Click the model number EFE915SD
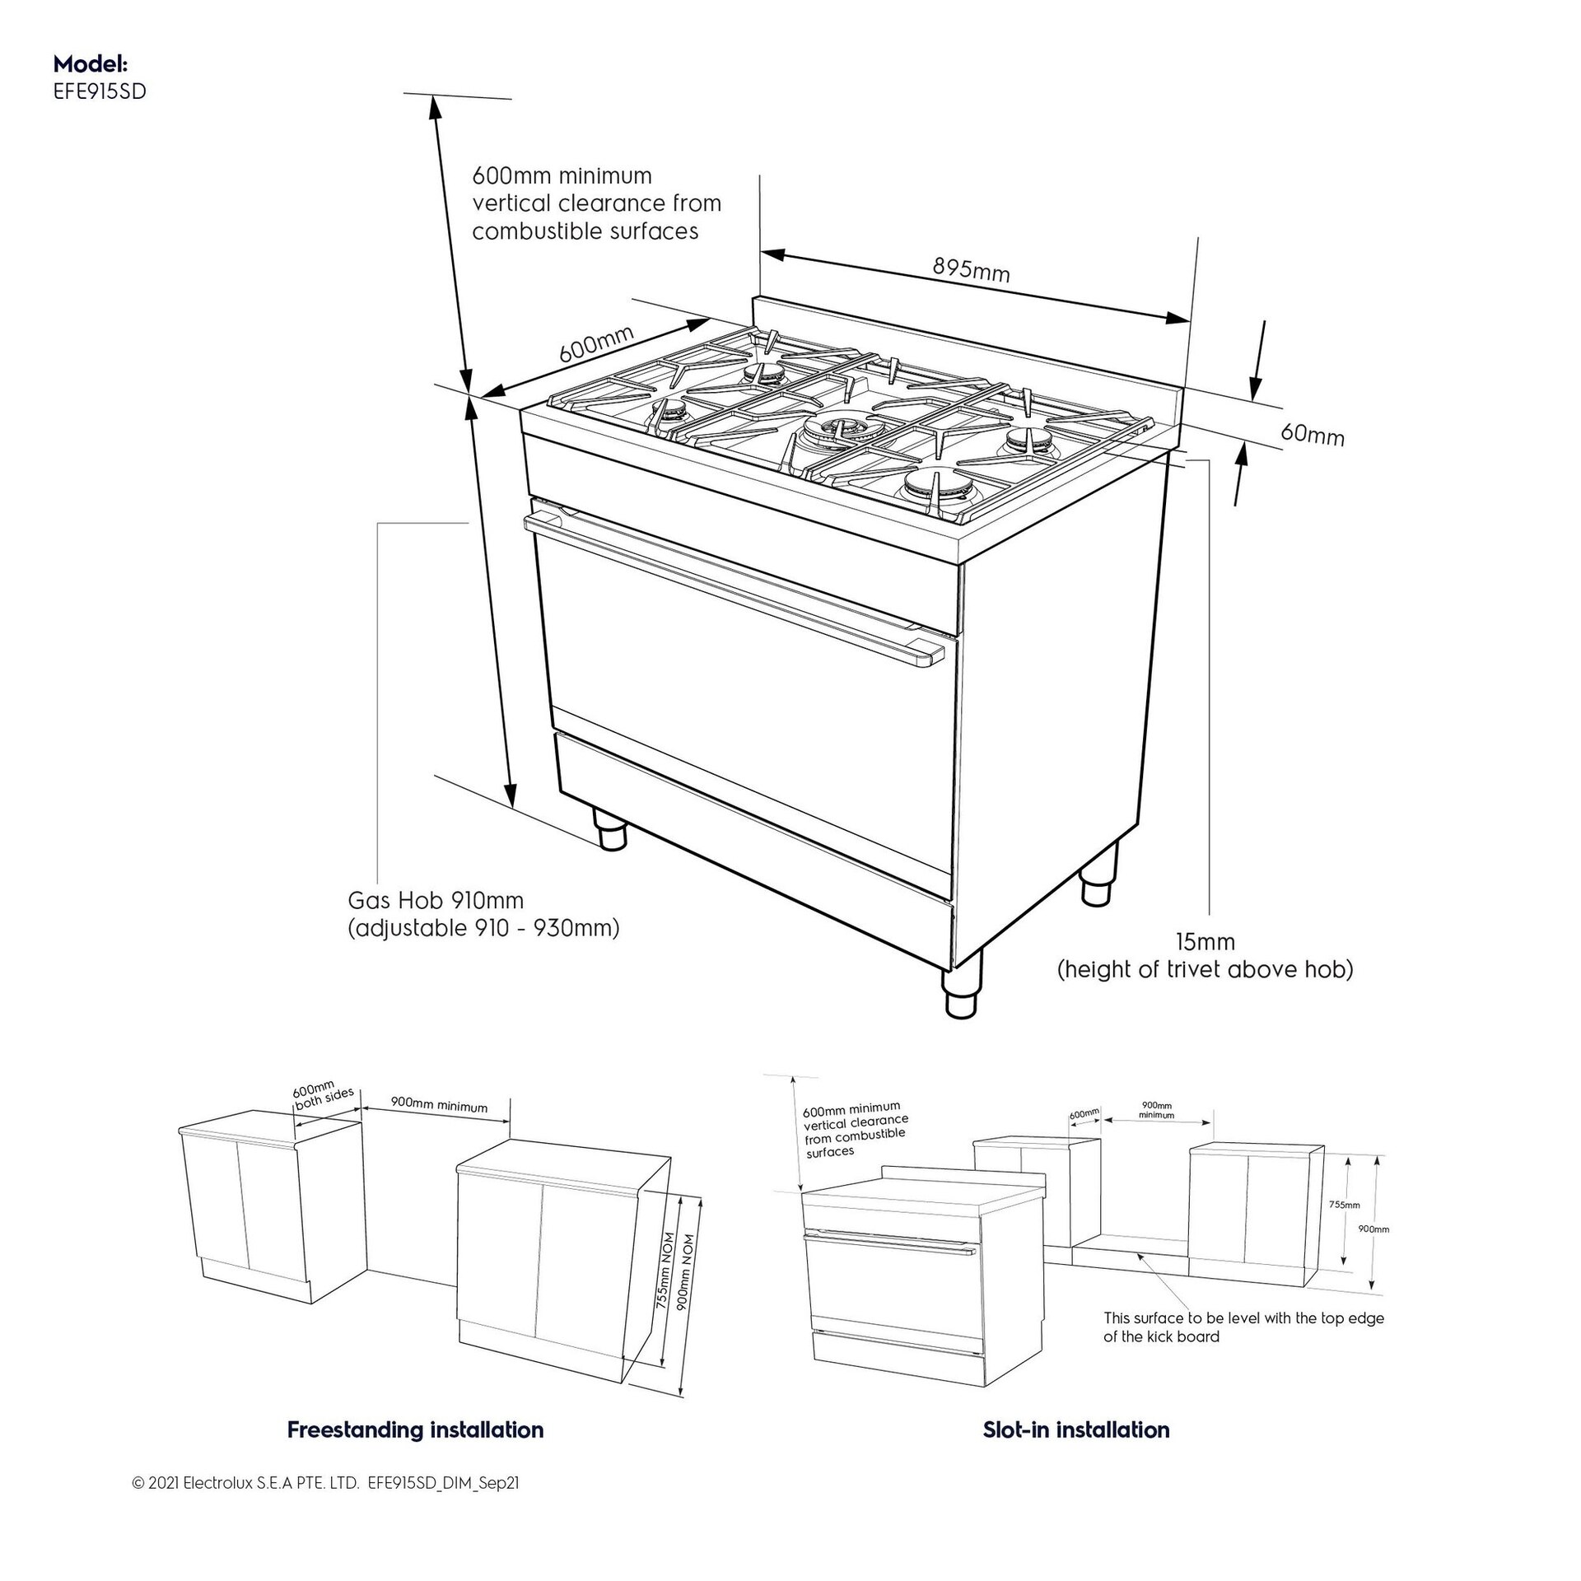(x=99, y=92)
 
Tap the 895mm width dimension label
(x=971, y=269)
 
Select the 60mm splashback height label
(x=1313, y=434)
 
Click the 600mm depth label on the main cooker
(x=596, y=344)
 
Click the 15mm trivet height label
(x=1205, y=941)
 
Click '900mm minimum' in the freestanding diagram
(x=439, y=1107)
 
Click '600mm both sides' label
(x=322, y=1095)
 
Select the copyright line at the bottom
(x=325, y=1506)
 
